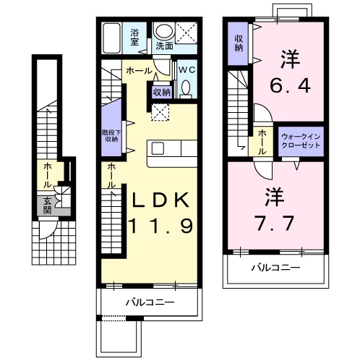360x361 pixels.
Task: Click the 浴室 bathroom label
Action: coord(134,38)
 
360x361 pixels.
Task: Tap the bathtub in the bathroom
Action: coord(111,38)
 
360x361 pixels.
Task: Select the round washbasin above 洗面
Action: coord(163,31)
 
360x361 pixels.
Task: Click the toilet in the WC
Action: coord(186,88)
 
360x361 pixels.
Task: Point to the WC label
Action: coord(187,70)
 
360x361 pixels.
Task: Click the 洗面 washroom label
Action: coord(164,46)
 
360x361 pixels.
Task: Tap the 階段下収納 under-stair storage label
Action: coord(111,136)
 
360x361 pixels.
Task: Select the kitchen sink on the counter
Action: coord(158,148)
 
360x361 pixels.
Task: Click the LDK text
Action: coord(160,200)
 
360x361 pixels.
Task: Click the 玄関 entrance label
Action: coord(48,205)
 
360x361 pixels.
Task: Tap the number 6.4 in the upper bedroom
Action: coord(290,85)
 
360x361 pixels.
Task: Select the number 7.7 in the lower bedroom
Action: coord(274,224)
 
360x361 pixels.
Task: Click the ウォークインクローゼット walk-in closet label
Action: coord(301,141)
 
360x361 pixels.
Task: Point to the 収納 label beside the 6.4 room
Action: coord(239,43)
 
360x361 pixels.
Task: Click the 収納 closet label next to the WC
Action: coord(161,93)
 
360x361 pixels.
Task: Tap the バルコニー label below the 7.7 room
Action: coord(276,268)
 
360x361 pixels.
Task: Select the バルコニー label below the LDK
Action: coord(150,302)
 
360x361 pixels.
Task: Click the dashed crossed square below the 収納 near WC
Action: coord(160,113)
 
